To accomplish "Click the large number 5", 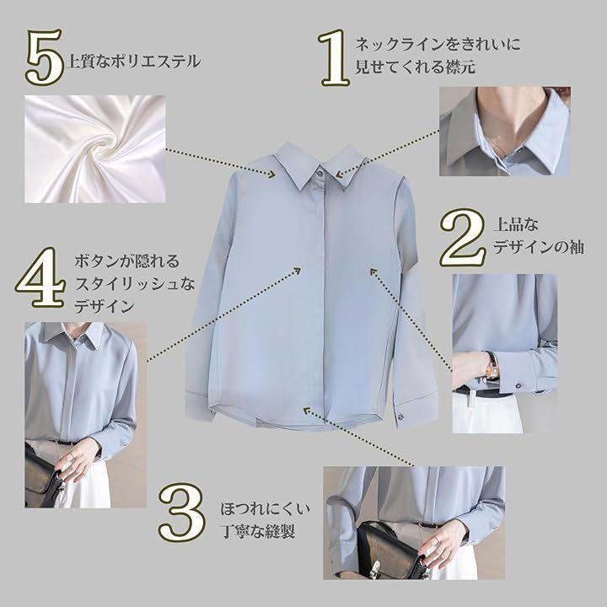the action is (45, 57).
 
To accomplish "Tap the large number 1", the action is (336, 57).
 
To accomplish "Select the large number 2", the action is (463, 237).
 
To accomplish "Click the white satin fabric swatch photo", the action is (94, 149).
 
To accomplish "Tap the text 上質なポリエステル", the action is (133, 62).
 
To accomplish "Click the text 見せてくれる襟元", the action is (415, 67).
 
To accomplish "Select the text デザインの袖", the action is (539, 247).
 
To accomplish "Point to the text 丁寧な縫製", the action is (258, 531).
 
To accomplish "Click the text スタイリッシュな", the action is (134, 285).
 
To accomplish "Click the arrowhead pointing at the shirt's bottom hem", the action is (308, 410).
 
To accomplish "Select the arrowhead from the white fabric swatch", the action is (271, 175).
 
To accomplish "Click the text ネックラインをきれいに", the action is (438, 45).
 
